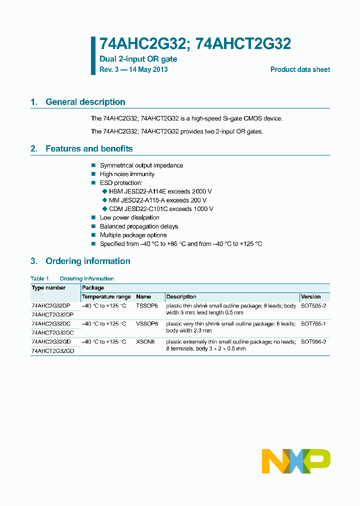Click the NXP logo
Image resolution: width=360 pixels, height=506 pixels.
click(296, 461)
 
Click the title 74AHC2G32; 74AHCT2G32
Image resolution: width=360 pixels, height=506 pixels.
click(195, 44)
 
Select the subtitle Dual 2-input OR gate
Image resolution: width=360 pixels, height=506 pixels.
click(138, 59)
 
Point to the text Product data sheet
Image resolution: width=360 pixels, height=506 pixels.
click(300, 69)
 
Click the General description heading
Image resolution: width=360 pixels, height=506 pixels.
click(85, 102)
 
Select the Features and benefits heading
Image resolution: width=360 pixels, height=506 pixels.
click(88, 148)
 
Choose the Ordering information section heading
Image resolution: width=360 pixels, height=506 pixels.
click(87, 261)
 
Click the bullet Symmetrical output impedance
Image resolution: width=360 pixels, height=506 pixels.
click(141, 165)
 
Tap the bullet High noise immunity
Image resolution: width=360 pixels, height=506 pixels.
click(127, 174)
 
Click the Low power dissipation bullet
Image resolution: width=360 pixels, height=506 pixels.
click(129, 217)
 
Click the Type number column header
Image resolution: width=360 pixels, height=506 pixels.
click(48, 288)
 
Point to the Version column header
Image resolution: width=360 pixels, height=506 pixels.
click(310, 296)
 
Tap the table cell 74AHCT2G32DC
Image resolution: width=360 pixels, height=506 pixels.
click(52, 332)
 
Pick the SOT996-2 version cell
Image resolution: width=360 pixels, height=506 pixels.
click(313, 341)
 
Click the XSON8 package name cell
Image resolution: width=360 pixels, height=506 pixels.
click(145, 341)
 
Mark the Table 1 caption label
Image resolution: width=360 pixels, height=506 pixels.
click(40, 278)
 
